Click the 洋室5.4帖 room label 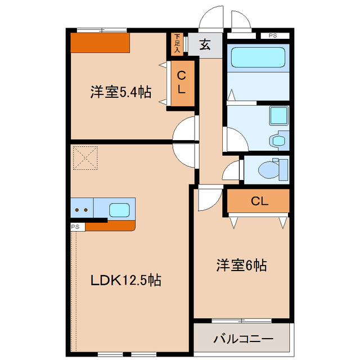pyautogui.click(x=120, y=92)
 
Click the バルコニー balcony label pyautogui.click(x=243, y=339)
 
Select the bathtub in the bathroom pyautogui.click(x=258, y=57)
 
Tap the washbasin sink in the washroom pyautogui.click(x=278, y=116)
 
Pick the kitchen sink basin pyautogui.click(x=120, y=210)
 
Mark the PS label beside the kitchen pyautogui.click(x=77, y=227)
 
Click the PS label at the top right pyautogui.click(x=273, y=35)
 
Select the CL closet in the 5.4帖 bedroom pyautogui.click(x=181, y=82)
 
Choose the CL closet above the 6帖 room pyautogui.click(x=258, y=201)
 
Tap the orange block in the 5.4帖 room pyautogui.click(x=100, y=42)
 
